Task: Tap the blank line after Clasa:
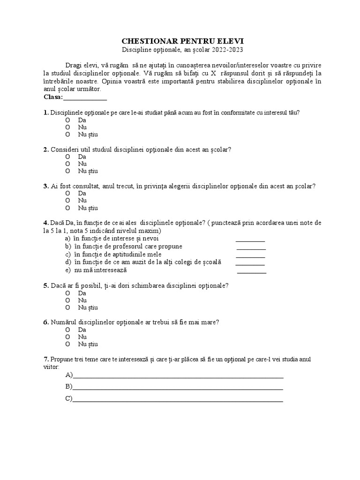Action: click(x=85, y=97)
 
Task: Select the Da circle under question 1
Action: click(x=68, y=120)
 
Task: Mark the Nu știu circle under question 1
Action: click(x=68, y=135)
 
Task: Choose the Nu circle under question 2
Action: click(x=68, y=164)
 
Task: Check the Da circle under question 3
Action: click(x=68, y=193)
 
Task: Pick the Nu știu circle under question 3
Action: click(x=68, y=208)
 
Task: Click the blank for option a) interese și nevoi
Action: click(x=250, y=239)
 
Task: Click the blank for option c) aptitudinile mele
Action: click(x=250, y=255)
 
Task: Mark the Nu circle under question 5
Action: click(x=68, y=300)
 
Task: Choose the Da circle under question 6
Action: click(x=68, y=329)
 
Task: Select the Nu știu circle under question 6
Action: click(x=68, y=344)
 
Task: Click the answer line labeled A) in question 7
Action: click(x=178, y=376)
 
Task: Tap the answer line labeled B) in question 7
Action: click(x=178, y=388)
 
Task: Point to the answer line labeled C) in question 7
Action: click(x=178, y=400)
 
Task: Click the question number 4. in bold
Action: click(x=45, y=222)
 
